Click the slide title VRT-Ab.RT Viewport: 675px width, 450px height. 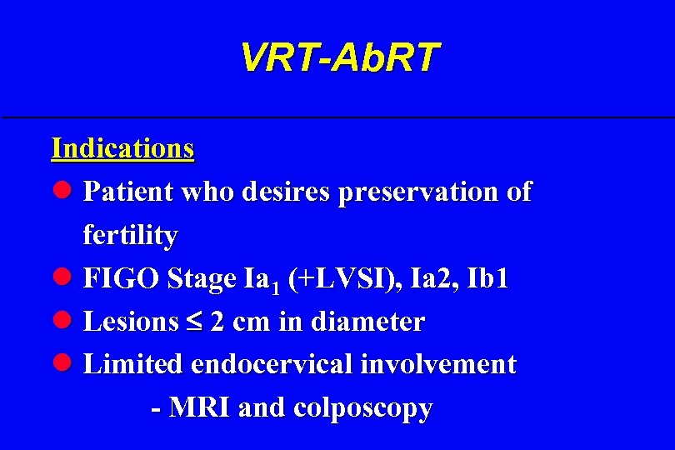tap(338, 57)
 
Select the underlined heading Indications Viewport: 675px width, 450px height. tap(122, 148)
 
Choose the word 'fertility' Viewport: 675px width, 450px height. tap(130, 236)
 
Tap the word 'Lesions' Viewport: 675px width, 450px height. tap(131, 322)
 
